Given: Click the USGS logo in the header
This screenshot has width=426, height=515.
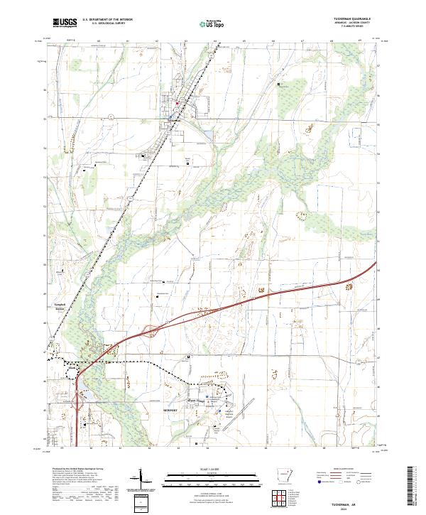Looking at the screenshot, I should pyautogui.click(x=65, y=23).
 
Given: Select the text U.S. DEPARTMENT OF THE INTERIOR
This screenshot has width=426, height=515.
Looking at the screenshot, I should pyautogui.click(x=107, y=20).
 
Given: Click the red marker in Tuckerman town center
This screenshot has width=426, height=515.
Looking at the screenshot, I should pyautogui.click(x=177, y=102).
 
